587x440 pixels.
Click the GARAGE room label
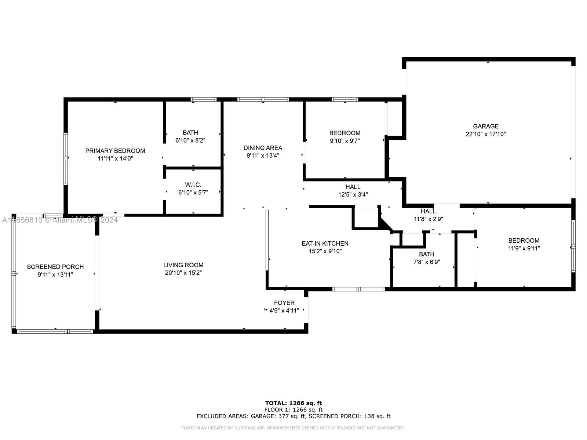[x=486, y=126]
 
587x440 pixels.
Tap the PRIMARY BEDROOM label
[x=115, y=151]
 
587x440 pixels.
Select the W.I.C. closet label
[x=193, y=184]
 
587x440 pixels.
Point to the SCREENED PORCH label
[x=55, y=267]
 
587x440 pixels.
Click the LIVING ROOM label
[x=183, y=265]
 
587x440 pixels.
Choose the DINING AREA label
[x=263, y=148]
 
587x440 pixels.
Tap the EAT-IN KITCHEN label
[x=325, y=243]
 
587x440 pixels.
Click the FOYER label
[x=284, y=303]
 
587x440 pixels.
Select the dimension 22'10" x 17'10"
[x=486, y=134]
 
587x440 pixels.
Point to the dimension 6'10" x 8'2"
[x=190, y=140]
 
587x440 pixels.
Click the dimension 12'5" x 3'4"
[x=353, y=194]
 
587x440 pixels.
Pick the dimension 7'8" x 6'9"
[x=427, y=262]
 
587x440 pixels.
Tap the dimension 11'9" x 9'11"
[x=524, y=248]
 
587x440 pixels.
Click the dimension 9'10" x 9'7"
[x=345, y=141]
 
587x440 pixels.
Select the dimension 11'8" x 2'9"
[x=429, y=219]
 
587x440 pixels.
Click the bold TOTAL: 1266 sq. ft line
[x=293, y=403]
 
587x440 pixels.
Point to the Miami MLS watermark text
[x=60, y=220]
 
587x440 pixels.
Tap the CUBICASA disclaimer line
[x=293, y=428]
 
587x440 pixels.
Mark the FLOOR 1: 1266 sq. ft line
[x=293, y=410]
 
